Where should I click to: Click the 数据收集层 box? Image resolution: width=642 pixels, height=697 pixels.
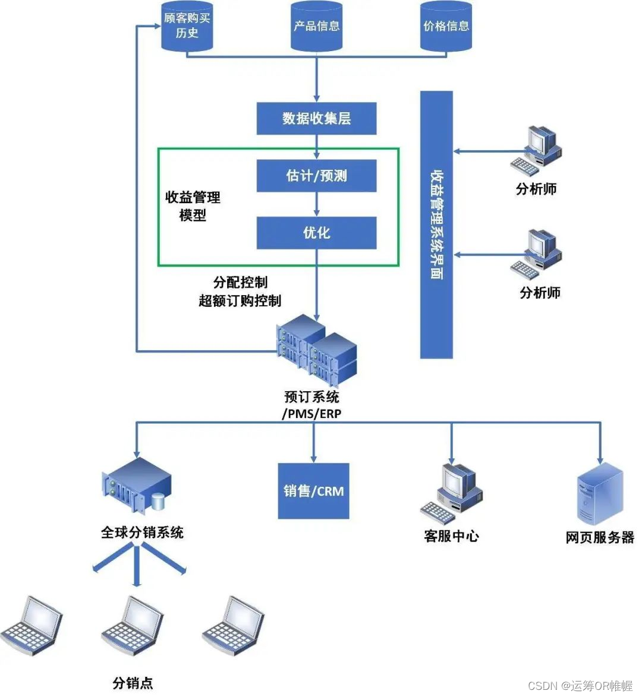(317, 118)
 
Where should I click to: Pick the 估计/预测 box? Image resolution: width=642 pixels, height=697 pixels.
(317, 176)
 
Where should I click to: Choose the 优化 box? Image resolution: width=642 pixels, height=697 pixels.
(317, 233)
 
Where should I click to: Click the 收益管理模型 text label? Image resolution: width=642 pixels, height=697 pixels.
(193, 206)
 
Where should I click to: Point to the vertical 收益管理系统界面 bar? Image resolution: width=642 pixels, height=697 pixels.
(436, 224)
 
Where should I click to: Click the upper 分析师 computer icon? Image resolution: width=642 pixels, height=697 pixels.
(536, 151)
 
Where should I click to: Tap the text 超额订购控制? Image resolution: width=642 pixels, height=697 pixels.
(240, 301)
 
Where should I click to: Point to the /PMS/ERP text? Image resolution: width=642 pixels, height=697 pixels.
(312, 414)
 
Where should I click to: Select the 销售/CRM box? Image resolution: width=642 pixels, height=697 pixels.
(313, 491)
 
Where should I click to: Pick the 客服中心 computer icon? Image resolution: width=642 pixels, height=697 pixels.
(451, 493)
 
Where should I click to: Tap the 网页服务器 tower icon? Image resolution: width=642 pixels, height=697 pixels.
(600, 494)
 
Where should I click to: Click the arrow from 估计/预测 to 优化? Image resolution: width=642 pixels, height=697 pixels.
(317, 204)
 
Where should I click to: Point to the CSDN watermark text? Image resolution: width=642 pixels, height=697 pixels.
(580, 686)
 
